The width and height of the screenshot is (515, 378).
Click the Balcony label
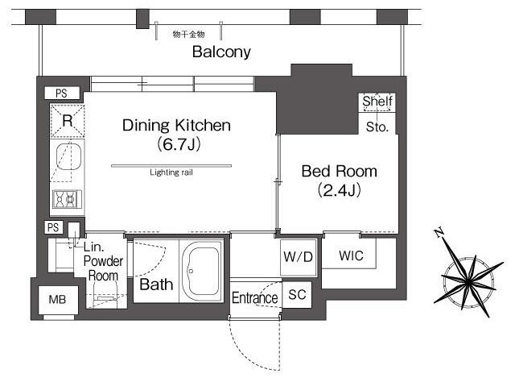(x=221, y=52)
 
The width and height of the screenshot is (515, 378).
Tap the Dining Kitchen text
(x=176, y=126)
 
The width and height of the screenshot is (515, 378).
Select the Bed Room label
(x=340, y=172)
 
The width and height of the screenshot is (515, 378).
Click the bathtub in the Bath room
(x=201, y=271)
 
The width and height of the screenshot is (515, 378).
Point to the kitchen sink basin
(x=68, y=157)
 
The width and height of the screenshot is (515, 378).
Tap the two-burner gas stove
(x=67, y=199)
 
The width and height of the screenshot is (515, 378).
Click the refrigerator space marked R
(x=68, y=121)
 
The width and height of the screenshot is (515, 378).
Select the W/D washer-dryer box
(x=299, y=257)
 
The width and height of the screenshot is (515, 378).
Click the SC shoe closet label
(x=297, y=294)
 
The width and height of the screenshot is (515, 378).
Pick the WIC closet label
(x=351, y=255)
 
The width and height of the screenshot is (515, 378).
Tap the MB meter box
(x=58, y=300)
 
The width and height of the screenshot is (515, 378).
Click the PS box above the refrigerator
(x=62, y=93)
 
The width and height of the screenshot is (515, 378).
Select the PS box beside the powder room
(x=53, y=227)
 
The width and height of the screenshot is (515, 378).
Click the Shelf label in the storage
(x=377, y=102)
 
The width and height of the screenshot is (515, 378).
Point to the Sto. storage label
(x=377, y=127)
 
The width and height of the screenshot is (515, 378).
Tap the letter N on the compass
(x=439, y=233)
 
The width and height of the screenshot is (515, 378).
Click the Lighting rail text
(x=171, y=172)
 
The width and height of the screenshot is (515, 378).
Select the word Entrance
(x=255, y=298)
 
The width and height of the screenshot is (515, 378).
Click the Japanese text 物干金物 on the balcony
(x=188, y=34)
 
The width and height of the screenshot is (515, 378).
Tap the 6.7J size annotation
(x=179, y=144)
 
